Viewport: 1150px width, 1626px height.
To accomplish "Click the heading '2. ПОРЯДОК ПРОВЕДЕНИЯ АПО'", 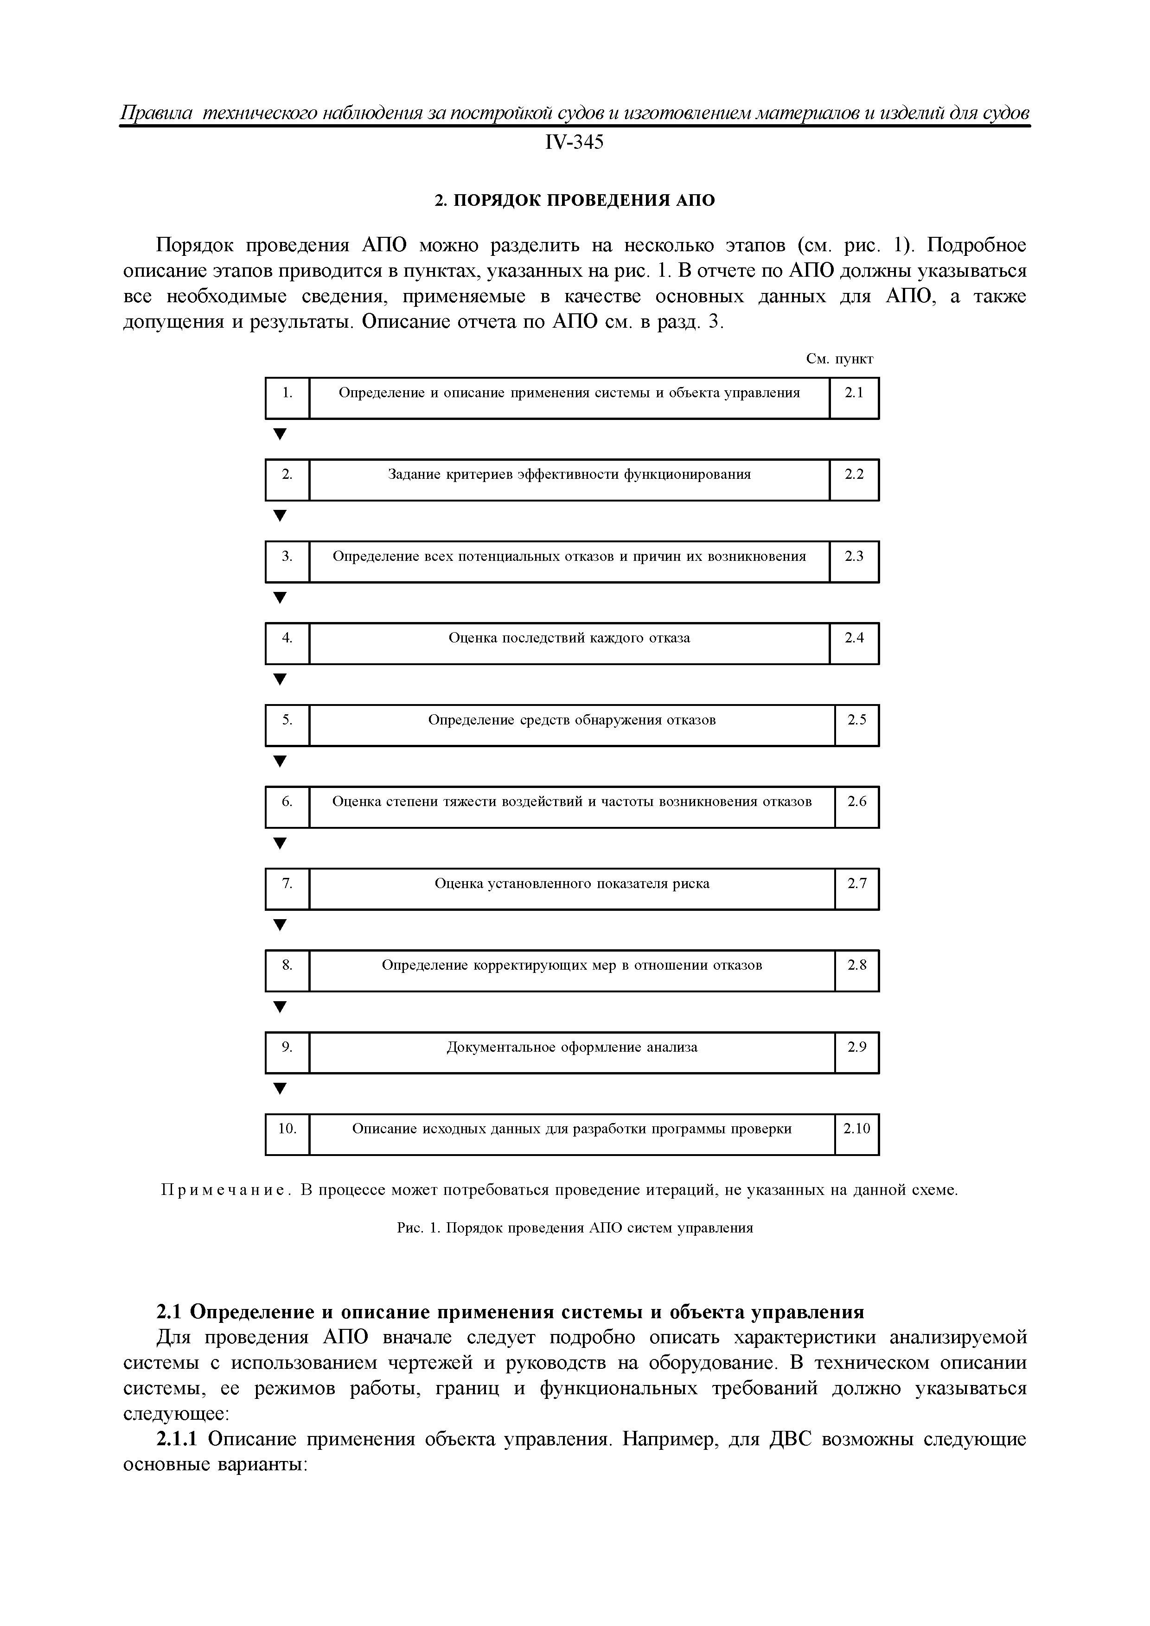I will [574, 200].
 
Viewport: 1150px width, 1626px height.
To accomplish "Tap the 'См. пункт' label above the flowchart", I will [840, 359].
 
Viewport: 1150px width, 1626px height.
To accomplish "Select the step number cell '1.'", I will [287, 398].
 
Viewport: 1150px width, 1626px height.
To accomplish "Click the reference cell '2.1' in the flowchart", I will [854, 398].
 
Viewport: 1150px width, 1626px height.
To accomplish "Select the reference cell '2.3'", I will [854, 562].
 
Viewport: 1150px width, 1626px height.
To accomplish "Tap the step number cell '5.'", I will [287, 725].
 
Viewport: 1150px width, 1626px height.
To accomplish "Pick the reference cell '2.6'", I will [856, 807].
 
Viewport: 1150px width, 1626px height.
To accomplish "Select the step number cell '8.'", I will [287, 970].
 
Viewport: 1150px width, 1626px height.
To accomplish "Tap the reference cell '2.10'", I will [856, 1134].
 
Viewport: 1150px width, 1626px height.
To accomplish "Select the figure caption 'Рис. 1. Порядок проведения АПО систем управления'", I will [575, 1228].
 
